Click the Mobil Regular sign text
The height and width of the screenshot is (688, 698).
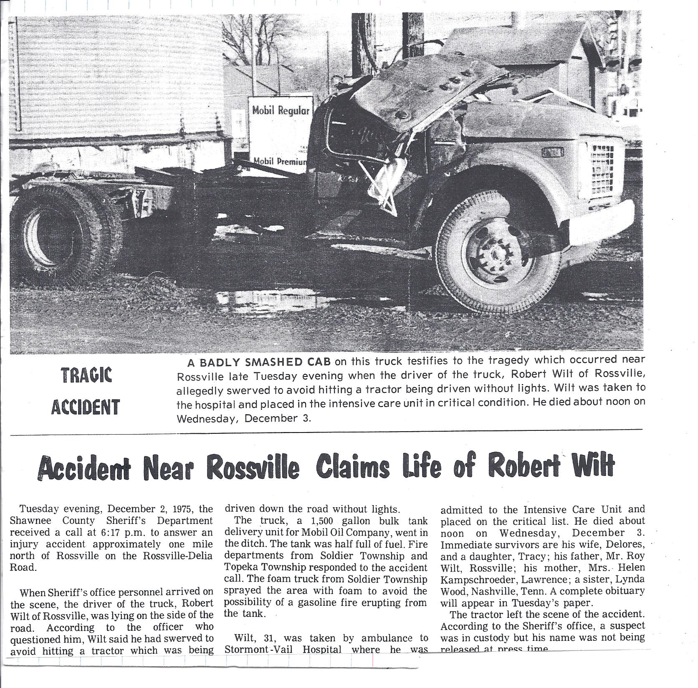click(281, 111)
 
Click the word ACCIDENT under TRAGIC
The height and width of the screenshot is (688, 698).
click(86, 407)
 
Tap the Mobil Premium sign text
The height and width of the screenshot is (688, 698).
click(280, 161)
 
